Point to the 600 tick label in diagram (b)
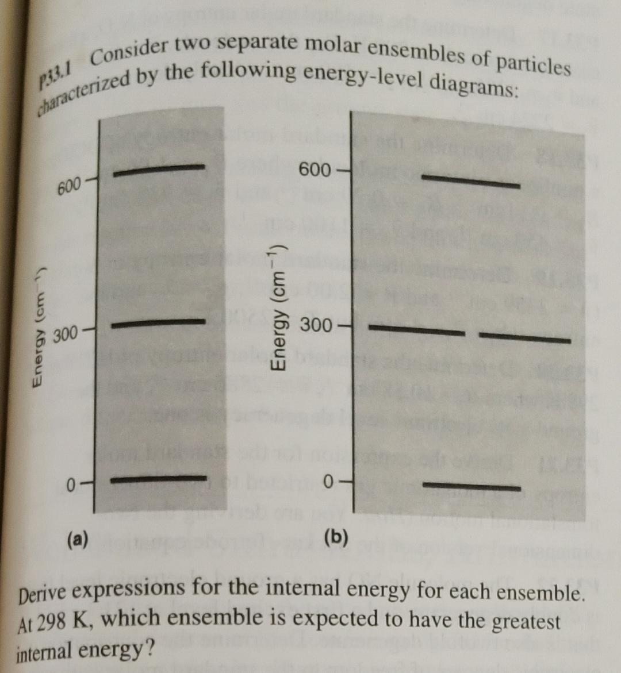click(315, 170)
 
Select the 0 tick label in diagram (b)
click(328, 480)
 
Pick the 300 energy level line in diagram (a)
click(158, 323)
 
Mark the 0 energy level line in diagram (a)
click(158, 478)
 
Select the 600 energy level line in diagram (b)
click(470, 182)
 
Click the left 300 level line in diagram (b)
click(416, 330)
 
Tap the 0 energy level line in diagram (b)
click(471, 487)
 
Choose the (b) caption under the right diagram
click(336, 537)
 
